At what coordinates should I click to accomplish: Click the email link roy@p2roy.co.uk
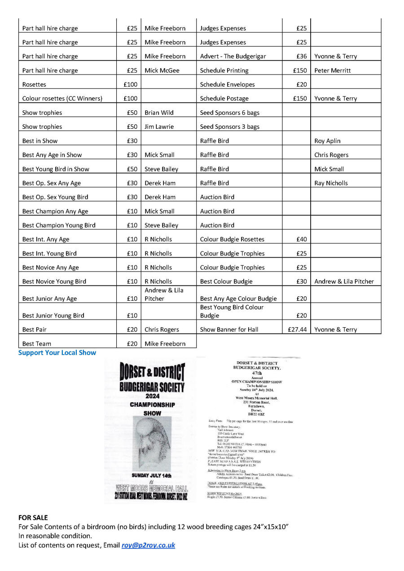(148, 545)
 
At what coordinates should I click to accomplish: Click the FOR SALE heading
(33, 518)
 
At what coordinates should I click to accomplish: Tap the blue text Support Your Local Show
(57, 353)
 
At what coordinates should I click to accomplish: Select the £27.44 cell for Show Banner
(296, 329)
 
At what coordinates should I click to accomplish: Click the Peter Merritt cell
(333, 70)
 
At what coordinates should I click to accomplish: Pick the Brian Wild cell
(159, 113)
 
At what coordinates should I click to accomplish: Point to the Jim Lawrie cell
(159, 127)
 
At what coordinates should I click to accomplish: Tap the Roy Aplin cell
(327, 141)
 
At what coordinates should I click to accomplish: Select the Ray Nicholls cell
(331, 183)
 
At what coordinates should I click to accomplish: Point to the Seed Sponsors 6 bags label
(229, 113)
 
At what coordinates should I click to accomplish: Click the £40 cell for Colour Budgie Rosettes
(302, 239)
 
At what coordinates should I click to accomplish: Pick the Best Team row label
(36, 344)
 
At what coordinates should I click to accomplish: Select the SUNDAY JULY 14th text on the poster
(151, 475)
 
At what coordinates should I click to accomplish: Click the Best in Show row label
(40, 141)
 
